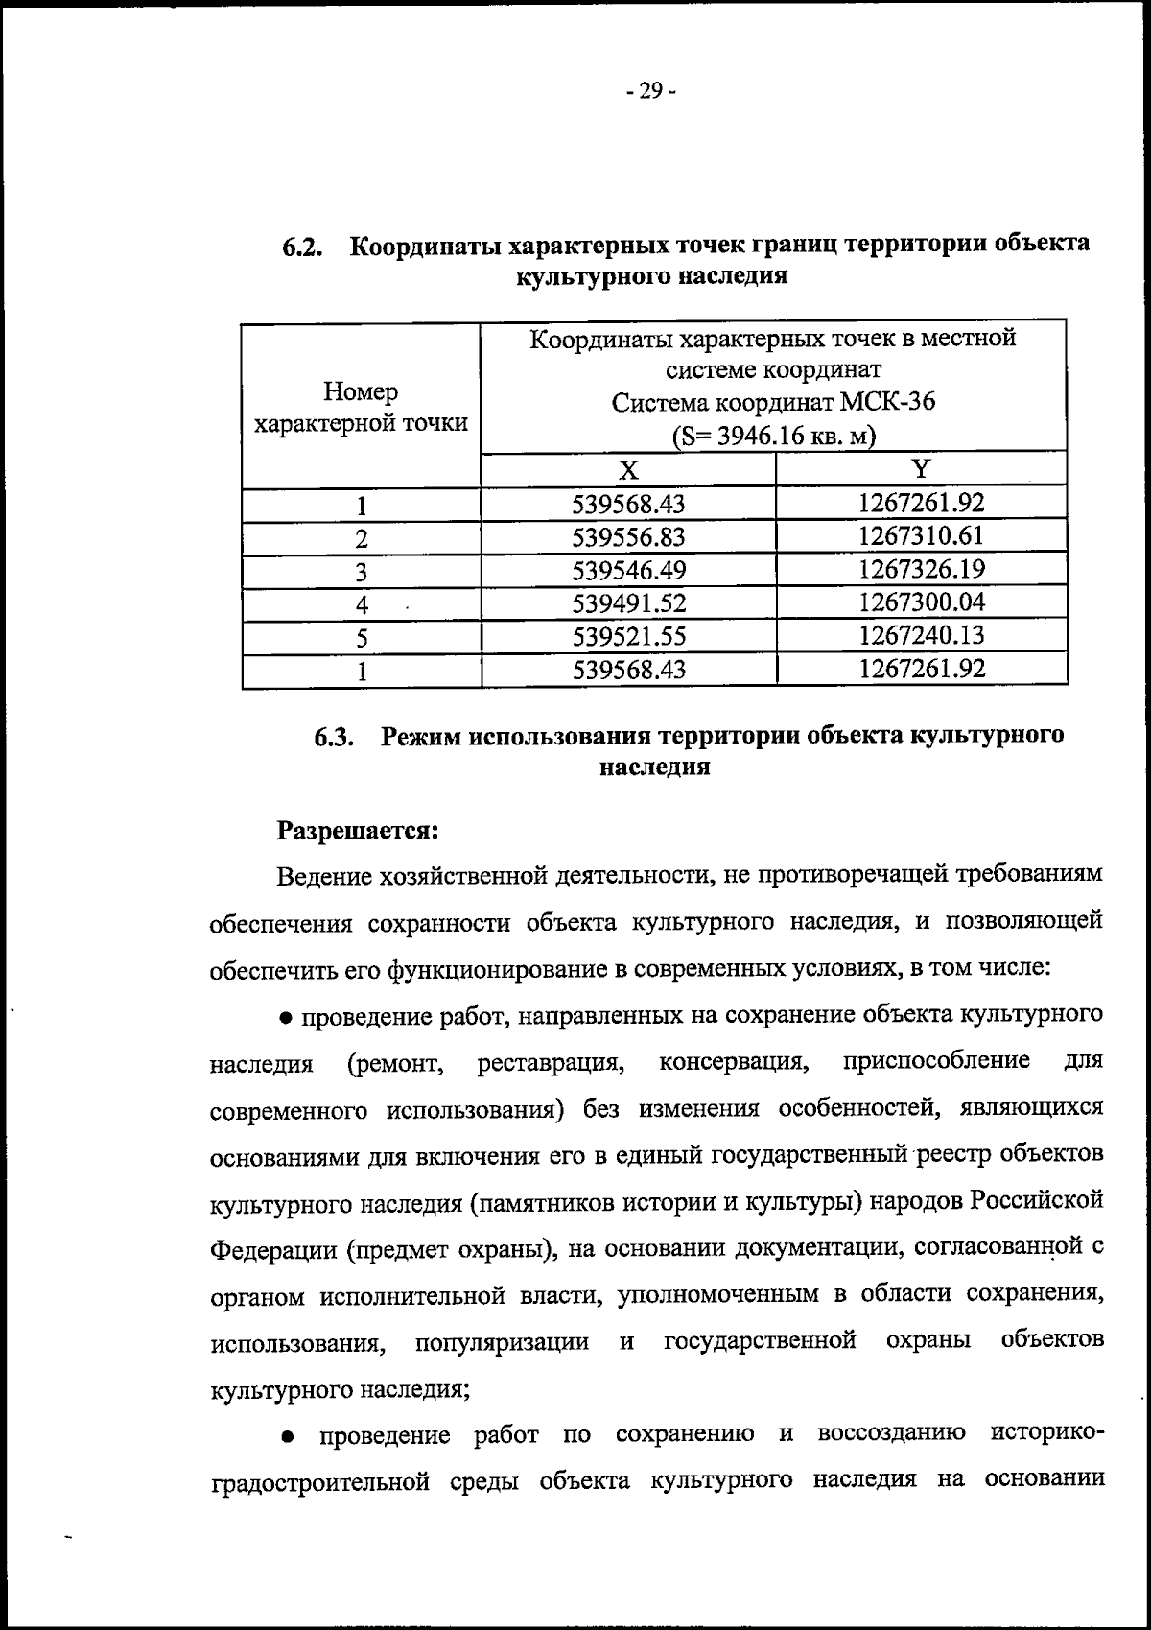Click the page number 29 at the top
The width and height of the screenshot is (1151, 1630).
tap(649, 92)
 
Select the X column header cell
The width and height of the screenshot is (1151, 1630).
tap(627, 469)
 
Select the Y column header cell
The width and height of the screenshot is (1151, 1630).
tap(921, 468)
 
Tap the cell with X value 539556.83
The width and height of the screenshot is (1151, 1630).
tap(628, 537)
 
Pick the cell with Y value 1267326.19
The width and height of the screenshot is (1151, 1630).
tap(921, 569)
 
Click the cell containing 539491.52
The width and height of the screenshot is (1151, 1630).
tap(628, 603)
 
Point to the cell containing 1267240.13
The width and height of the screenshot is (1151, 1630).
tap(921, 635)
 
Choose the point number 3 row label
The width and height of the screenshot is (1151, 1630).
tap(362, 573)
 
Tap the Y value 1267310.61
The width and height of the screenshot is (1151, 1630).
tap(921, 535)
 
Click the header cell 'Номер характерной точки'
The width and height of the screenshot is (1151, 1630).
tap(361, 407)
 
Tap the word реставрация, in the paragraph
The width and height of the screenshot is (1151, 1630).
tap(552, 1062)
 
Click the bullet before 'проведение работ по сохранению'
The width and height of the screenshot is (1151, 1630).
tap(287, 1437)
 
